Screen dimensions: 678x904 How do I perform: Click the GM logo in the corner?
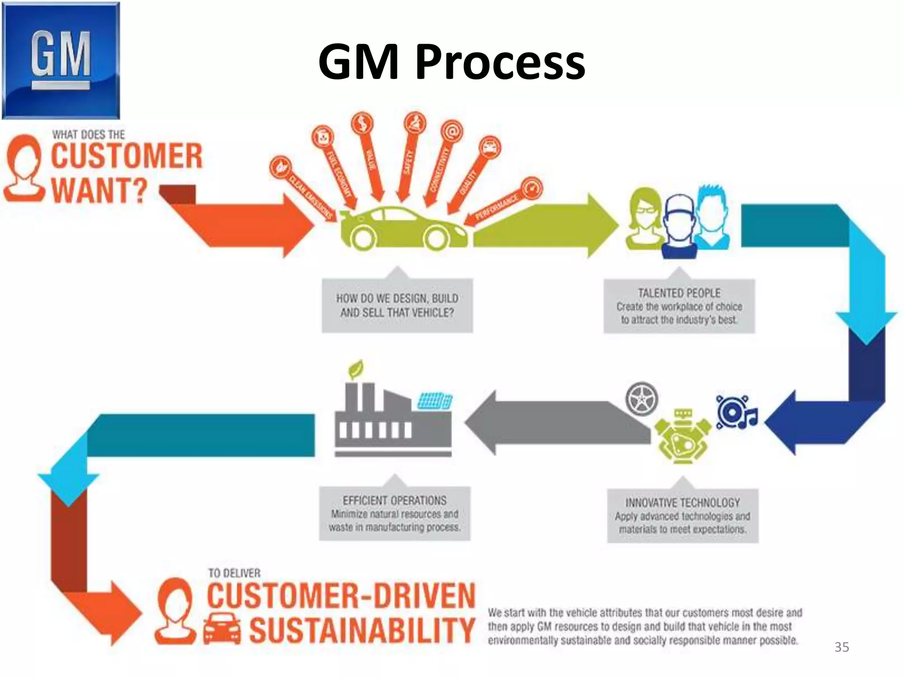click(x=60, y=60)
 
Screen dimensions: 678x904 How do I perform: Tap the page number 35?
click(x=841, y=647)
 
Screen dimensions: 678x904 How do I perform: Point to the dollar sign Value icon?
click(x=362, y=124)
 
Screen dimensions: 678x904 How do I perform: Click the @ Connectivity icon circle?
click(x=452, y=131)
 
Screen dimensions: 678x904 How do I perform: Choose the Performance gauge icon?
click(x=531, y=189)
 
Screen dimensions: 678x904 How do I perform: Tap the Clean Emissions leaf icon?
click(x=281, y=167)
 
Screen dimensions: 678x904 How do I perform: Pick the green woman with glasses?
click(x=645, y=218)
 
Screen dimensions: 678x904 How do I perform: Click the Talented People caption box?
click(x=679, y=306)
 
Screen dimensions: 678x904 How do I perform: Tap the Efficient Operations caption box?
click(x=395, y=513)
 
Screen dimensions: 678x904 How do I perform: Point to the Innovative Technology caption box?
click(x=682, y=516)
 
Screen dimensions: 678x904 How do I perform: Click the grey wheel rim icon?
click(x=641, y=399)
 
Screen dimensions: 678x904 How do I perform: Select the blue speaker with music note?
click(x=735, y=412)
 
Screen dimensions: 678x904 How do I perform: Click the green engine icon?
click(x=682, y=437)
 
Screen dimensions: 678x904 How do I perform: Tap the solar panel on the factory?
click(x=435, y=401)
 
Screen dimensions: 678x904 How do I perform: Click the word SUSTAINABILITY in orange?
click(x=362, y=630)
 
